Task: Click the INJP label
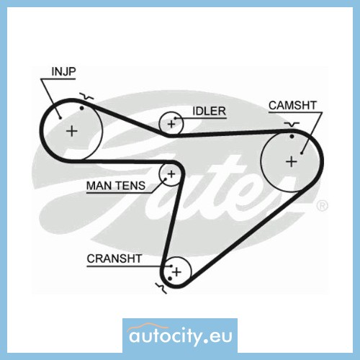pyautogui.click(x=63, y=71)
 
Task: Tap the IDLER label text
pyautogui.click(x=209, y=111)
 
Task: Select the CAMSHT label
pyautogui.click(x=292, y=105)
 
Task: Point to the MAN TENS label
pyautogui.click(x=116, y=186)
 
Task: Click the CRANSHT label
pyautogui.click(x=114, y=258)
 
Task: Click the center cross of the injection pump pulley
pyautogui.click(x=72, y=131)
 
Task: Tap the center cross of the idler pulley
pyautogui.click(x=171, y=124)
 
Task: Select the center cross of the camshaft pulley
pyautogui.click(x=292, y=161)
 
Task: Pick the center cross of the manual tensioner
pyautogui.click(x=171, y=174)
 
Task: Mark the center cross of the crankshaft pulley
pyautogui.click(x=177, y=272)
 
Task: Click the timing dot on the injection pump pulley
pyautogui.click(x=82, y=108)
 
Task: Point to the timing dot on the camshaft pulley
pyautogui.click(x=292, y=136)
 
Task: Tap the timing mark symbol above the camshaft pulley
pyautogui.click(x=292, y=125)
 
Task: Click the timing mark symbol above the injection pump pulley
pyautogui.click(x=87, y=96)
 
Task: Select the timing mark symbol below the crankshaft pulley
pyautogui.click(x=161, y=287)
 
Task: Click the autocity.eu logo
pyautogui.click(x=180, y=335)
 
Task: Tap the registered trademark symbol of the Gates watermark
pyautogui.click(x=322, y=206)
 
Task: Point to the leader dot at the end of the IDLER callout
pyautogui.click(x=175, y=118)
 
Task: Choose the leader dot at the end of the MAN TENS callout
pyautogui.click(x=165, y=179)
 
